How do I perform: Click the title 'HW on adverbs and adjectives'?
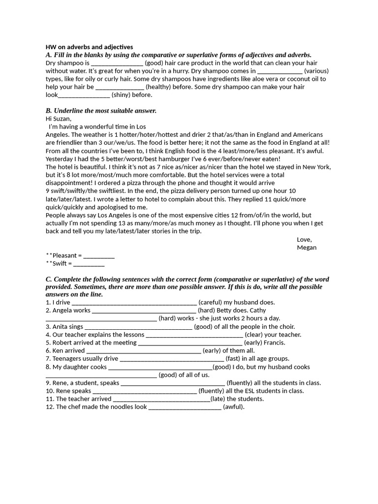click(89, 47)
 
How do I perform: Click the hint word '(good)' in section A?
click(155, 63)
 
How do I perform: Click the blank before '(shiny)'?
click(84, 94)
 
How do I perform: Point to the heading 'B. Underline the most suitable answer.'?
click(101, 111)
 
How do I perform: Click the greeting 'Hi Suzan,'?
click(59, 119)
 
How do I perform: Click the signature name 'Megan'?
click(307, 247)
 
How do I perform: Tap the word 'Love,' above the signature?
click(304, 239)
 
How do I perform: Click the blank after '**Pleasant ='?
click(99, 255)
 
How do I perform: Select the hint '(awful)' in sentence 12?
click(234, 407)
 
